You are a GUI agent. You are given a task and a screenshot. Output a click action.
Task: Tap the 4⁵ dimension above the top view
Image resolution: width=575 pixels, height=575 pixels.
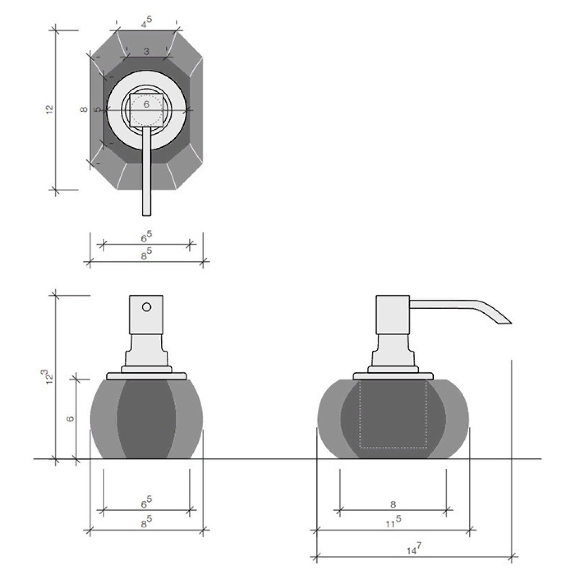(147, 24)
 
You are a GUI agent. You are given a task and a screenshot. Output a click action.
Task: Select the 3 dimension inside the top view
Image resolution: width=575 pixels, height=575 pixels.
(147, 51)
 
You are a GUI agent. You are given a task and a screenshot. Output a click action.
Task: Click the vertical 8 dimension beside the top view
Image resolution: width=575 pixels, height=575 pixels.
(84, 109)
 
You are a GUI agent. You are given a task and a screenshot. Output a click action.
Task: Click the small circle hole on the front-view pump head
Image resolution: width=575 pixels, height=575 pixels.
(147, 307)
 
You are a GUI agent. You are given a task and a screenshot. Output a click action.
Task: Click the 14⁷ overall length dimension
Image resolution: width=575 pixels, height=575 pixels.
(414, 549)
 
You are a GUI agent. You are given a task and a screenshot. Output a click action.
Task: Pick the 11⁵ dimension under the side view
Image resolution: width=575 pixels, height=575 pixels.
(393, 521)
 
